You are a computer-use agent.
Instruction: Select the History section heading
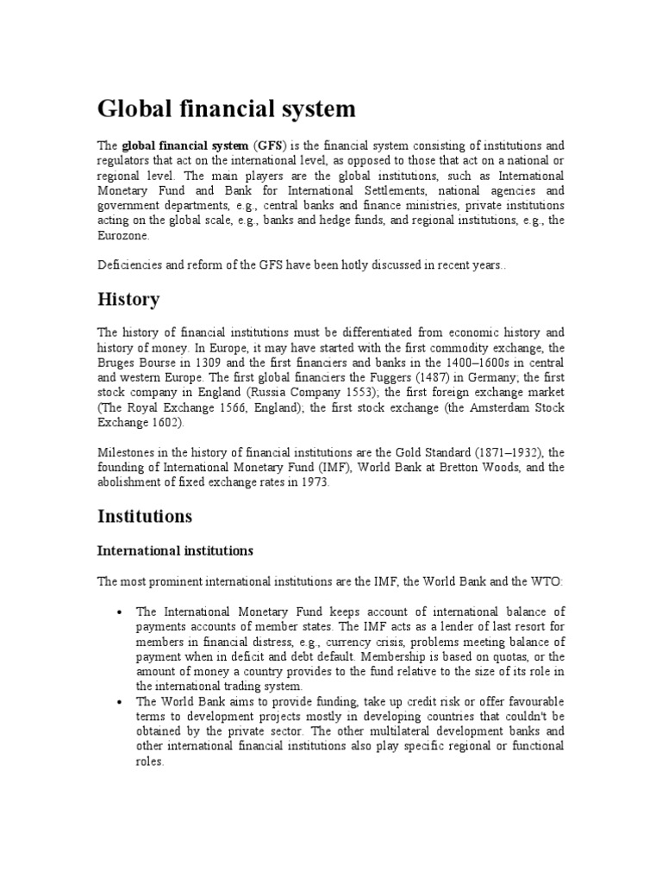128,299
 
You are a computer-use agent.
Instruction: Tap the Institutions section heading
145,516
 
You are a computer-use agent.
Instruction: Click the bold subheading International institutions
175,550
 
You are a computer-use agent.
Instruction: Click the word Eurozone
123,234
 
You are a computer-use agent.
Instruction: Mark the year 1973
313,483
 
